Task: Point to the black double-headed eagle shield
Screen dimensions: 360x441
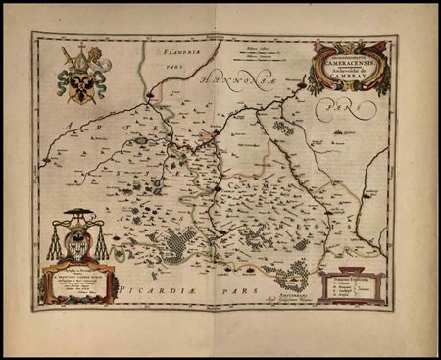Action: point(79,84)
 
